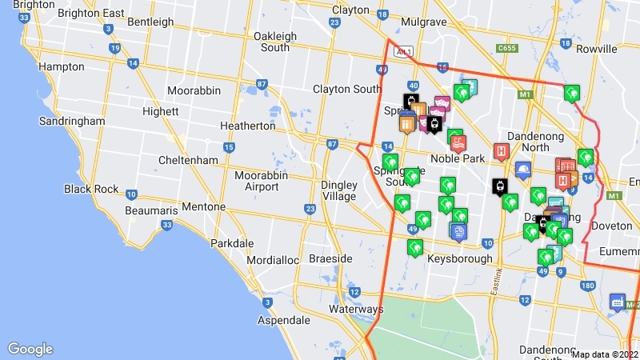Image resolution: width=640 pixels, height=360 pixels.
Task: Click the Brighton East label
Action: [x=91, y=13]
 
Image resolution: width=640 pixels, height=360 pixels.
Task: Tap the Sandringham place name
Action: [x=72, y=121]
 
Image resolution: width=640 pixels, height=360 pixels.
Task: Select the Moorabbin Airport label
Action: [x=256, y=181]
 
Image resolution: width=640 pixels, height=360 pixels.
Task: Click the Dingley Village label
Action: [x=338, y=190]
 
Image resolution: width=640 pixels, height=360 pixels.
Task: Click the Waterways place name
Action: [x=356, y=309]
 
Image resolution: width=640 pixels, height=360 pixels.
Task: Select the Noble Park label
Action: [x=458, y=158]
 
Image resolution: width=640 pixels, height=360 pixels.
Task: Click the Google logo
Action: [x=30, y=349]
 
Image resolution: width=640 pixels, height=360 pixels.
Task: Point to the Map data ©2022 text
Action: [x=604, y=354]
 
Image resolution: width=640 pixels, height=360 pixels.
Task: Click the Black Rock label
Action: [x=91, y=190]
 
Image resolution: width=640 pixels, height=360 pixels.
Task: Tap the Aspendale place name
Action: [x=283, y=320]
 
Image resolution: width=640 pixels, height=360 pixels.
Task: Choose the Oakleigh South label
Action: [x=274, y=42]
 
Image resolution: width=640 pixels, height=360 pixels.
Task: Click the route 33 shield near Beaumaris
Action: [x=166, y=226]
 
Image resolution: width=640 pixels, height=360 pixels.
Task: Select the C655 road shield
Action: [x=506, y=48]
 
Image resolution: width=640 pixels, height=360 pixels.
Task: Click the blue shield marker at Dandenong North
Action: [x=523, y=170]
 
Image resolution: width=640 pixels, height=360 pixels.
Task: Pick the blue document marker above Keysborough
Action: [x=458, y=231]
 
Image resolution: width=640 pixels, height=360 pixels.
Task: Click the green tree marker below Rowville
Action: [x=571, y=93]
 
